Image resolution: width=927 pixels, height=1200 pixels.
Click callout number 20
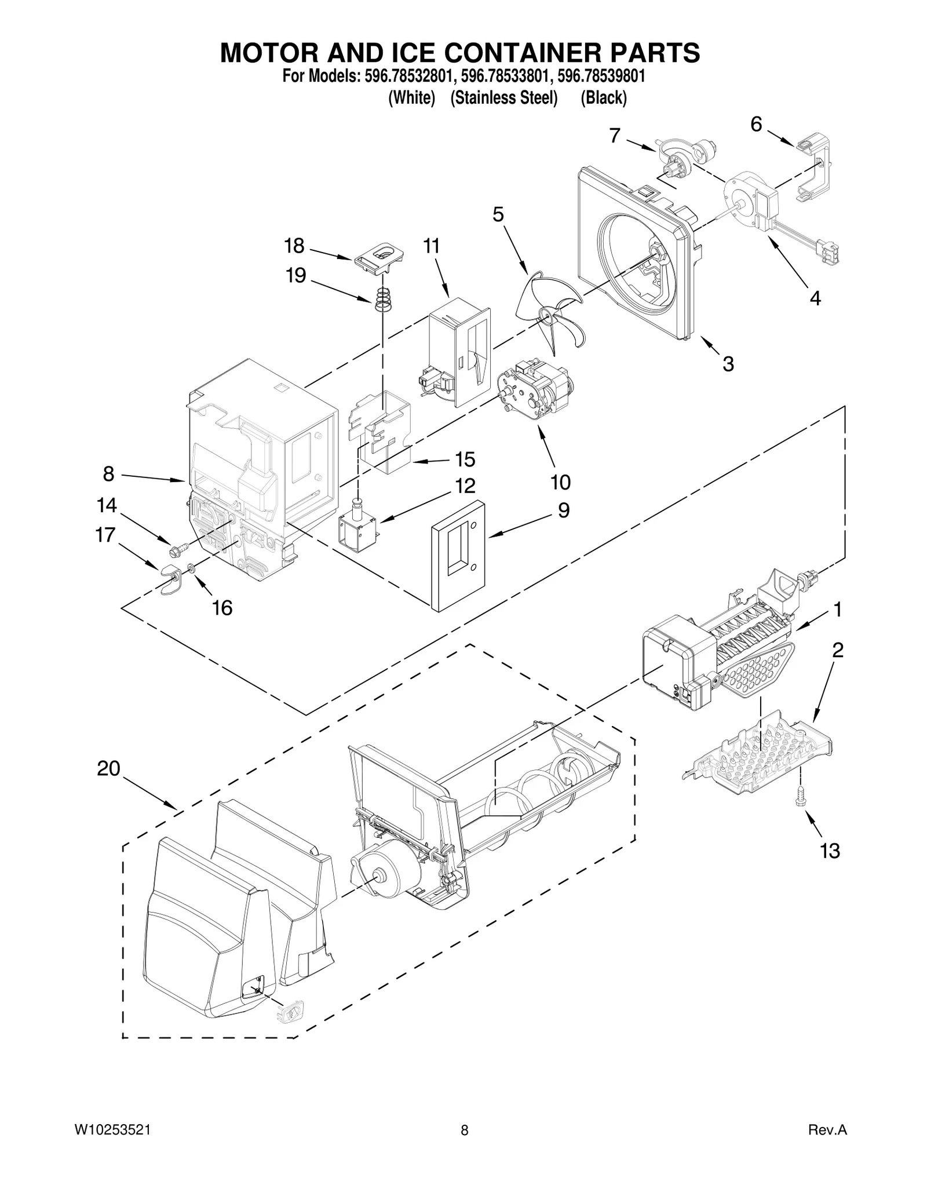108,768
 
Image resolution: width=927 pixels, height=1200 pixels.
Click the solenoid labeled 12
357,527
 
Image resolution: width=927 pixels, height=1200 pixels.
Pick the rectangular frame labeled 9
458,555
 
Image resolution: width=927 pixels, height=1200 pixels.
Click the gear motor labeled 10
533,394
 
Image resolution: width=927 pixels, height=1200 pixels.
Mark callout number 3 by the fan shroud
728,364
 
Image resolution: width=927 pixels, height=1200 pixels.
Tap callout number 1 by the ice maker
837,610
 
